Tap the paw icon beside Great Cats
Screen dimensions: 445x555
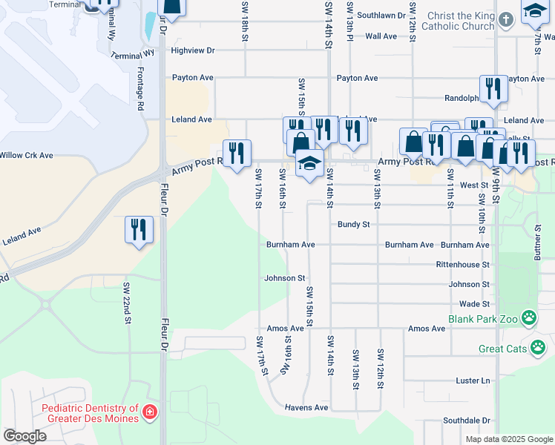pyautogui.click(x=538, y=347)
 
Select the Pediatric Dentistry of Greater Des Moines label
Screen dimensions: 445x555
pyautogui.click(x=90, y=413)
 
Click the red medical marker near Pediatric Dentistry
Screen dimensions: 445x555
pyautogui.click(x=150, y=411)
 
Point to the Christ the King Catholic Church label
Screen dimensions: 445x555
pyautogui.click(x=458, y=20)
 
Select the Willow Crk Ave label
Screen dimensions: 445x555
pyautogui.click(x=27, y=156)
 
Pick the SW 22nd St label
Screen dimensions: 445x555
pyautogui.click(x=127, y=303)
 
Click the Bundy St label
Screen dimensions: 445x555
pyautogui.click(x=353, y=224)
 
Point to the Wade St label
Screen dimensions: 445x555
pyautogui.click(x=474, y=304)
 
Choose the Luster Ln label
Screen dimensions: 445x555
pyautogui.click(x=475, y=380)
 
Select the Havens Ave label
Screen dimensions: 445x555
pyautogui.click(x=306, y=407)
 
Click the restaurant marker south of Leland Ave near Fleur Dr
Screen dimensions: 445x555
pyautogui.click(x=139, y=229)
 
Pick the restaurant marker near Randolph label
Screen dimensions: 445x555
pyautogui.click(x=493, y=88)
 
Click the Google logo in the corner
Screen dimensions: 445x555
pyautogui.click(x=24, y=436)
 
